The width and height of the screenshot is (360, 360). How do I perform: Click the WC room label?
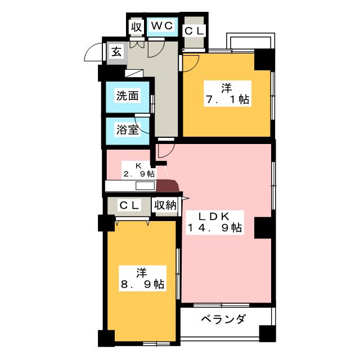(163, 26)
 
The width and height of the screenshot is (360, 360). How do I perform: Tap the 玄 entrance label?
(116, 52)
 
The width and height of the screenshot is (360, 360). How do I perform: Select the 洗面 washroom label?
(127, 96)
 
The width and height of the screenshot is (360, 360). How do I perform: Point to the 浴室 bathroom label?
(127, 129)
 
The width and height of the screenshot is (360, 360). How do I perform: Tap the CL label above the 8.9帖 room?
(129, 206)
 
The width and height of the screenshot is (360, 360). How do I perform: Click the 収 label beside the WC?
(136, 26)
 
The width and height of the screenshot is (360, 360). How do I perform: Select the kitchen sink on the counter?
(145, 186)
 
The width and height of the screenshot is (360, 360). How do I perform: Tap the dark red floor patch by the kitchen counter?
(168, 186)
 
